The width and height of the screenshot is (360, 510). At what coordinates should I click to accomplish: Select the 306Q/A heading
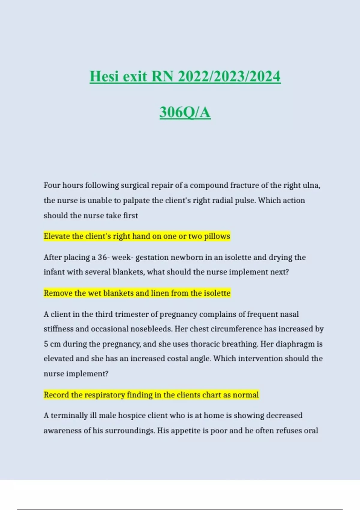(185, 112)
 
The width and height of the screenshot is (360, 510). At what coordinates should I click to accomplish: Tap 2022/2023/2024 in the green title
(229, 76)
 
